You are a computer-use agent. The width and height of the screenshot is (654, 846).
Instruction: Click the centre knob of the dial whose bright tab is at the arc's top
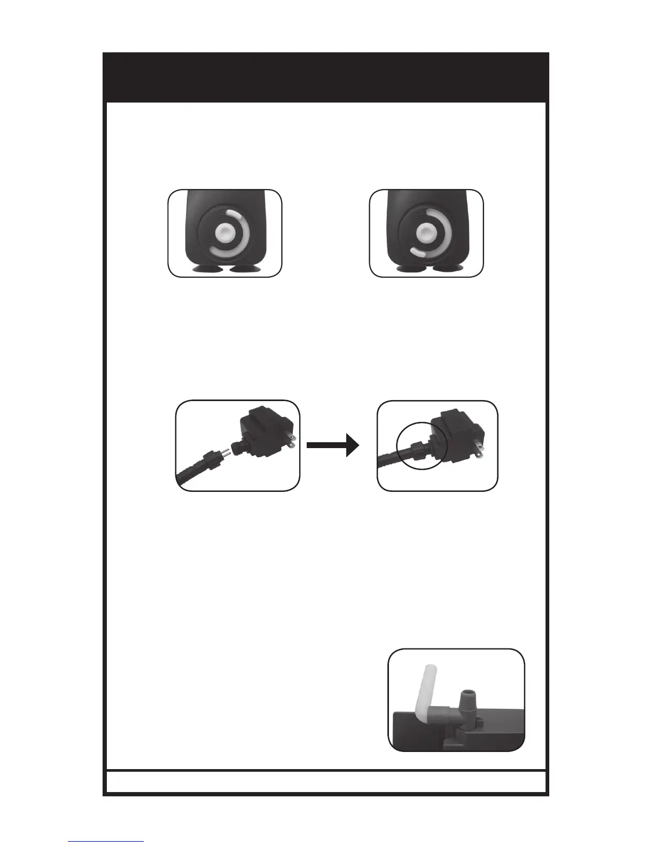[224, 233]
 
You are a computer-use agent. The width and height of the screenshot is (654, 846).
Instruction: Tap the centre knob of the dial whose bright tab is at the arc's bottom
[426, 233]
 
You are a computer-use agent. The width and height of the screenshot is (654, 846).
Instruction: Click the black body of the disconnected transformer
[262, 427]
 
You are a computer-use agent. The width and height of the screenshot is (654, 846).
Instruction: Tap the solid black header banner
[326, 77]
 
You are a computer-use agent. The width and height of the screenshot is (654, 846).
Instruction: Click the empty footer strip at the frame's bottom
[326, 781]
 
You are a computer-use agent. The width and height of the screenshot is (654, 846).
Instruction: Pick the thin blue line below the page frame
[106, 841]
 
